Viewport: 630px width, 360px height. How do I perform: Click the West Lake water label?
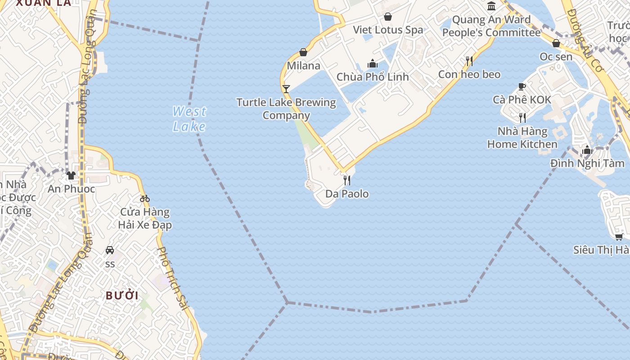pyautogui.click(x=189, y=119)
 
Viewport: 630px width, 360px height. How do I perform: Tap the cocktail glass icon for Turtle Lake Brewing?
pyautogui.click(x=286, y=89)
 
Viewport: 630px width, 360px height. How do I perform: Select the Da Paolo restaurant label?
pyautogui.click(x=347, y=194)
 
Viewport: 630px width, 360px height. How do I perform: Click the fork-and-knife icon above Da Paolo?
pyautogui.click(x=347, y=180)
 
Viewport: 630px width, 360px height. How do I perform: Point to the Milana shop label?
pyautogui.click(x=304, y=66)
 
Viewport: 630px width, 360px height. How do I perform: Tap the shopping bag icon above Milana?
pyautogui.click(x=303, y=53)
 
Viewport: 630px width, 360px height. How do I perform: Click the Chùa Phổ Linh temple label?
pyautogui.click(x=373, y=77)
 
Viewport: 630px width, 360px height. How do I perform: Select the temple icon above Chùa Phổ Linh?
pyautogui.click(x=373, y=63)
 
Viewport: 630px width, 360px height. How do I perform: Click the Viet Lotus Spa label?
pyautogui.click(x=388, y=30)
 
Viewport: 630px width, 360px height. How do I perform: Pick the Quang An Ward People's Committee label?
pyautogui.click(x=491, y=26)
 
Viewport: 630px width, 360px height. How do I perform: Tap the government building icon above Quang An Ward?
pyautogui.click(x=491, y=6)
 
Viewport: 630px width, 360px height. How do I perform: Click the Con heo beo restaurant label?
pyautogui.click(x=469, y=74)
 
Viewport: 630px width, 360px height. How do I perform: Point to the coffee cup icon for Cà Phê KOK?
pyautogui.click(x=522, y=86)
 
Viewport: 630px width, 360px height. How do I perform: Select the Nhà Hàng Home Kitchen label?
pyautogui.click(x=522, y=138)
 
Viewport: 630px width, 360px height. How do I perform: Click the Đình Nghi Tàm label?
pyautogui.click(x=587, y=163)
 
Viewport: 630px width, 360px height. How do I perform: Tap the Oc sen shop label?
pyautogui.click(x=556, y=57)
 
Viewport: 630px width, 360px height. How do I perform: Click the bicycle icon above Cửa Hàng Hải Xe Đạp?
pyautogui.click(x=144, y=198)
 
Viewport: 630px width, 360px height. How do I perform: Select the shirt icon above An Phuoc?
pyautogui.click(x=71, y=175)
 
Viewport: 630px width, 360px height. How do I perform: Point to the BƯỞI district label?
pyautogui.click(x=122, y=296)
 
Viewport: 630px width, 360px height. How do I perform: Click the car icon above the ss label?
pyautogui.click(x=110, y=250)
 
